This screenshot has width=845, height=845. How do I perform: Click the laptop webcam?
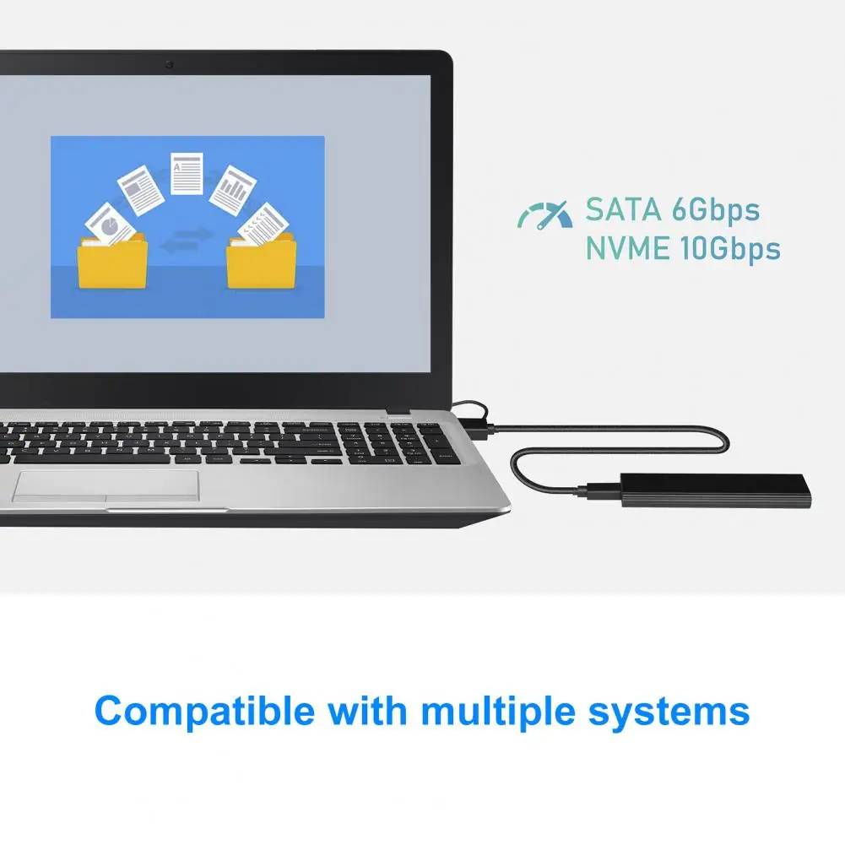pos(169,65)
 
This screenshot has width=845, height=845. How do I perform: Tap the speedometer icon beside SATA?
pos(544,215)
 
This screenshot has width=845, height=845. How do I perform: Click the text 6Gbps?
pos(716,210)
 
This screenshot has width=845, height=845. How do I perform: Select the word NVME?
pos(628,248)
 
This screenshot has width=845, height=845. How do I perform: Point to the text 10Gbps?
pos(729,249)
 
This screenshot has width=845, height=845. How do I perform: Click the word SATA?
pos(624,209)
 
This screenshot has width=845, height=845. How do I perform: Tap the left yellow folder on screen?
pos(112,262)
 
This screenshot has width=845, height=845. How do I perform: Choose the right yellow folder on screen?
pos(262,262)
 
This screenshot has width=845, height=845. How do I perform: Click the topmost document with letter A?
pos(187,174)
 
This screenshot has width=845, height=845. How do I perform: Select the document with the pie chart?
pos(110,225)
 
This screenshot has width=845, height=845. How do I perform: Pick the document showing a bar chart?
pos(233,190)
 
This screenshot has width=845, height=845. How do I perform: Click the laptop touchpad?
pos(106,486)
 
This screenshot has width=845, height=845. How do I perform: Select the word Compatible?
pos(204,712)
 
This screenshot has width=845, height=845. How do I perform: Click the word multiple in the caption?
pos(499,712)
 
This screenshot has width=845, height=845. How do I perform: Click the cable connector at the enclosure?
pos(599,491)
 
